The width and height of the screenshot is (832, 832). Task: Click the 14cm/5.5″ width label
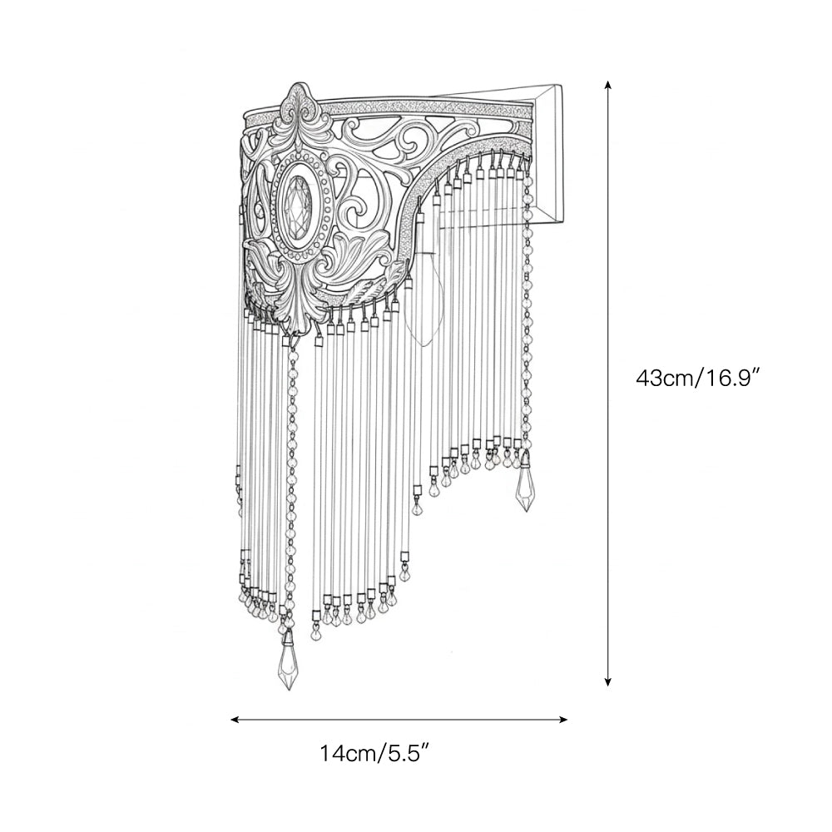point(374,753)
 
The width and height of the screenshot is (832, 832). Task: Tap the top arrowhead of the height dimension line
point(608,86)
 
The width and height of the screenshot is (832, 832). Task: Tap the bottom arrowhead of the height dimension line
point(608,681)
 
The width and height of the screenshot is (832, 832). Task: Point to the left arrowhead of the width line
point(236,720)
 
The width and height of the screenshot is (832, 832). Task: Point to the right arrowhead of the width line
point(562,720)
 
